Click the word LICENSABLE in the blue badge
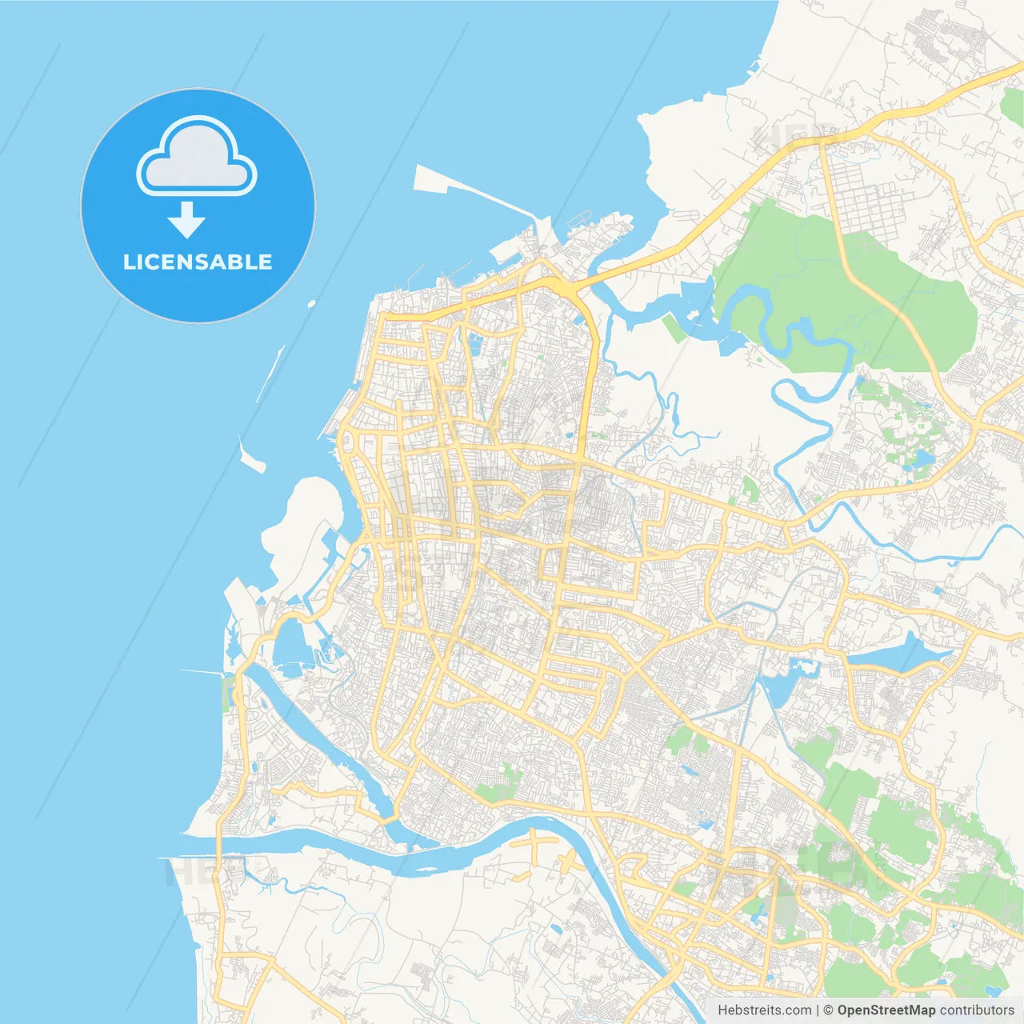click(198, 262)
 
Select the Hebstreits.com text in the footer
click(764, 1010)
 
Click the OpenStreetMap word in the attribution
click(886, 1010)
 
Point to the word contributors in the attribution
click(977, 1010)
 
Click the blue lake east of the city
click(900, 654)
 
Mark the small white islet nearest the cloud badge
click(311, 304)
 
